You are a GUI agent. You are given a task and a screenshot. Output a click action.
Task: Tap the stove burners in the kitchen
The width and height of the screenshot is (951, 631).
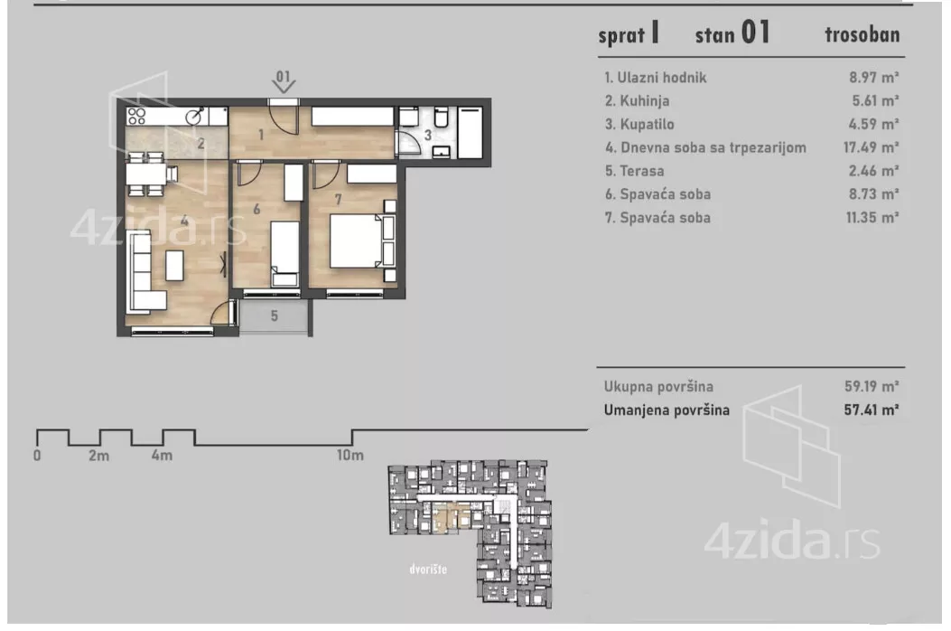pos(137,116)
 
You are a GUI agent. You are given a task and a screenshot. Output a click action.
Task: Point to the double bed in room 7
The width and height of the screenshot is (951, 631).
pos(359,240)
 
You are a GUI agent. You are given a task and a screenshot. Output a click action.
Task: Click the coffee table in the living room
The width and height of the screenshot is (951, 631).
pos(173,264)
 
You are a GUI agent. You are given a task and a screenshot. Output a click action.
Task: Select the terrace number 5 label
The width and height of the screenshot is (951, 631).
pos(275,316)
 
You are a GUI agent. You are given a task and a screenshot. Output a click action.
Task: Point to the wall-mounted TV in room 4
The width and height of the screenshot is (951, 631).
pos(223,264)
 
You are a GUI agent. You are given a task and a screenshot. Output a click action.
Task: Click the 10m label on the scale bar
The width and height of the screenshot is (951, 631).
pos(350,456)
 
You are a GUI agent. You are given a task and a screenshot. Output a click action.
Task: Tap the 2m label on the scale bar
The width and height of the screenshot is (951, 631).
pos(98,456)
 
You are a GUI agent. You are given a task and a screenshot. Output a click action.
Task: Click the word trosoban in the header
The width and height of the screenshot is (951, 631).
pos(862,35)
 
